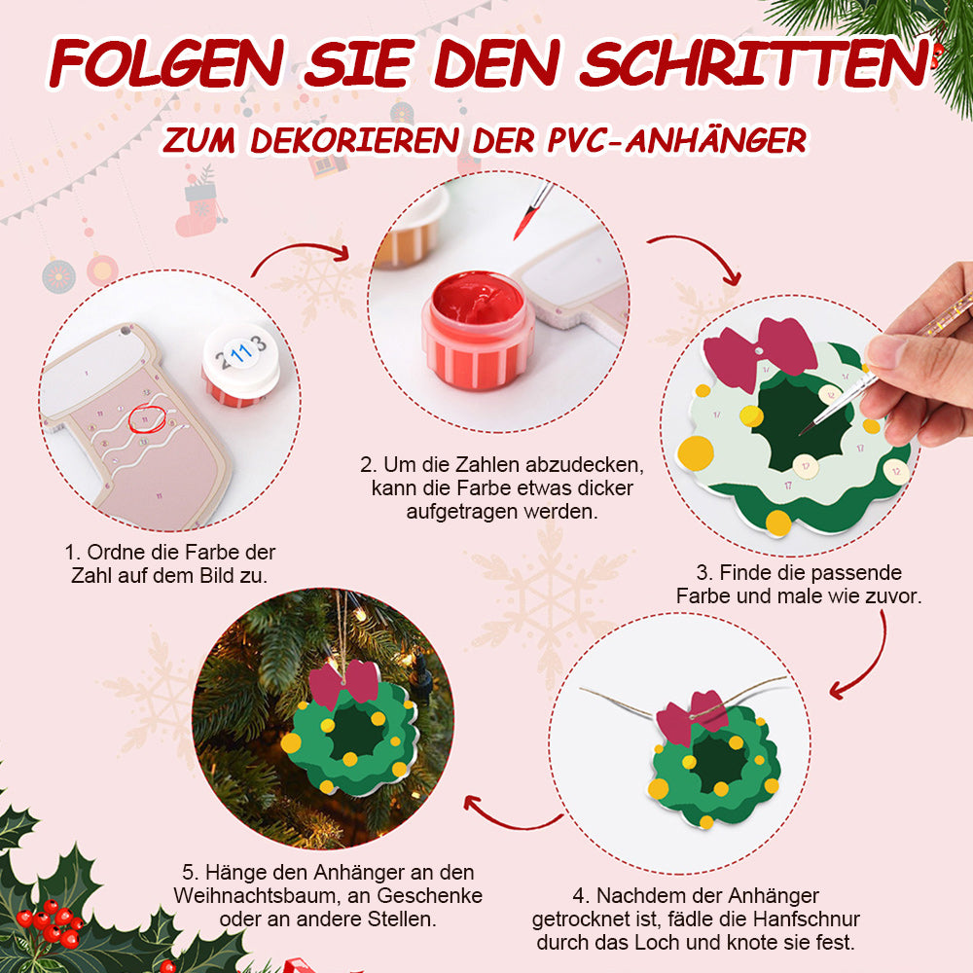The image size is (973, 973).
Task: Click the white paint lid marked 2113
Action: pyautogui.click(x=241, y=360)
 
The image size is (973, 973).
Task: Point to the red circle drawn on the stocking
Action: pyautogui.click(x=147, y=418)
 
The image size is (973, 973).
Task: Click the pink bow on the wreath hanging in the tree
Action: pyautogui.click(x=344, y=684)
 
